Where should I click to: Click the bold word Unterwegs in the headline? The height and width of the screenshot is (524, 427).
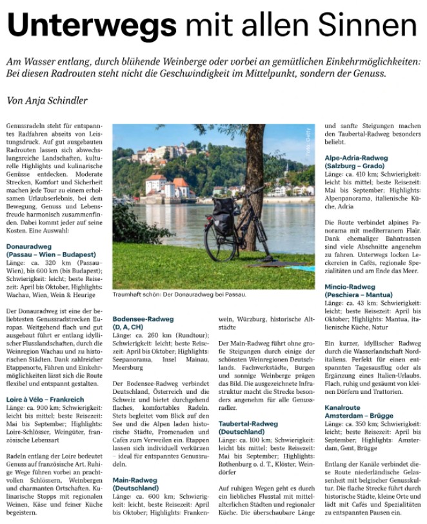(x=90, y=26)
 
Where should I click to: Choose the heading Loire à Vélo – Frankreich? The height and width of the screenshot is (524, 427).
(x=45, y=400)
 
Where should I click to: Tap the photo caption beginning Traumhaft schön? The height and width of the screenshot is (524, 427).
(x=179, y=295)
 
